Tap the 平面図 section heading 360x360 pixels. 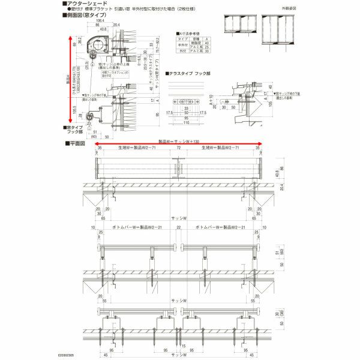click(x=78, y=144)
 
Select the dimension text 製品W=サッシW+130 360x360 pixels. click(x=177, y=141)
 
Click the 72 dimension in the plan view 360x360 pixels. click(x=178, y=147)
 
